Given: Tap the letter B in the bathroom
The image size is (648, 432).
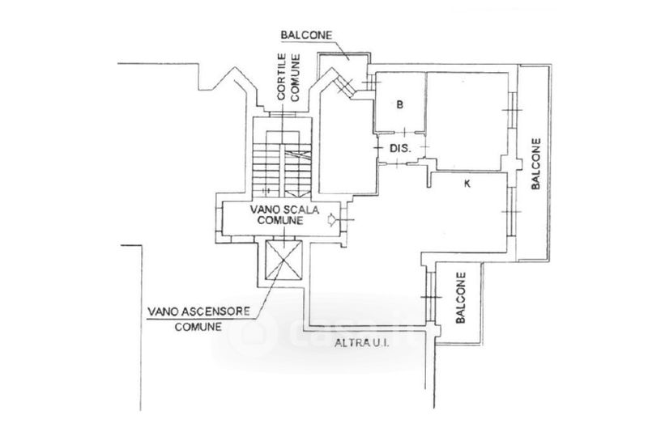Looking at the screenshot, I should (399, 104).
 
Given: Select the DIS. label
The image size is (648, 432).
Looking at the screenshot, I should (401, 149).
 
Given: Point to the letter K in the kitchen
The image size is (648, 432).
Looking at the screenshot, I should (467, 184).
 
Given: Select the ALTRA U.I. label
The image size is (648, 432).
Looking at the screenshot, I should (362, 343).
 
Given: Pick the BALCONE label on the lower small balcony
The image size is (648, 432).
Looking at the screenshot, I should (459, 297).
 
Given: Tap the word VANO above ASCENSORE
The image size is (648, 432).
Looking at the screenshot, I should (165, 311).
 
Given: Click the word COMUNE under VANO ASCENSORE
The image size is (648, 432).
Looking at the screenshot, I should (198, 328).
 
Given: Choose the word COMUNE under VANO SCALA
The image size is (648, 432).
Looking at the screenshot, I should (281, 219).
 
